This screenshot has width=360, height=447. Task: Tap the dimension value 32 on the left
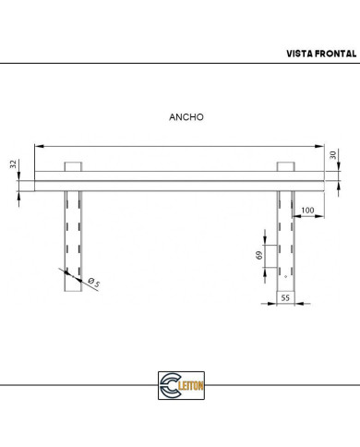(x=14, y=163)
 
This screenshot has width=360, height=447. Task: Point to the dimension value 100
(x=306, y=211)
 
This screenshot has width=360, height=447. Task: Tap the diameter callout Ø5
(x=91, y=283)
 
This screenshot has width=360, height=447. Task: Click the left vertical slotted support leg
(x=74, y=240)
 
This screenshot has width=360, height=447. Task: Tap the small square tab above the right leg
(x=285, y=166)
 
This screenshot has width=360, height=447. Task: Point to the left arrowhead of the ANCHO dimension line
(x=36, y=144)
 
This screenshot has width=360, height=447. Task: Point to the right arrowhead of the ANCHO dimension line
(x=324, y=144)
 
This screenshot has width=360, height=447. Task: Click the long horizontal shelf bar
(x=180, y=181)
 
